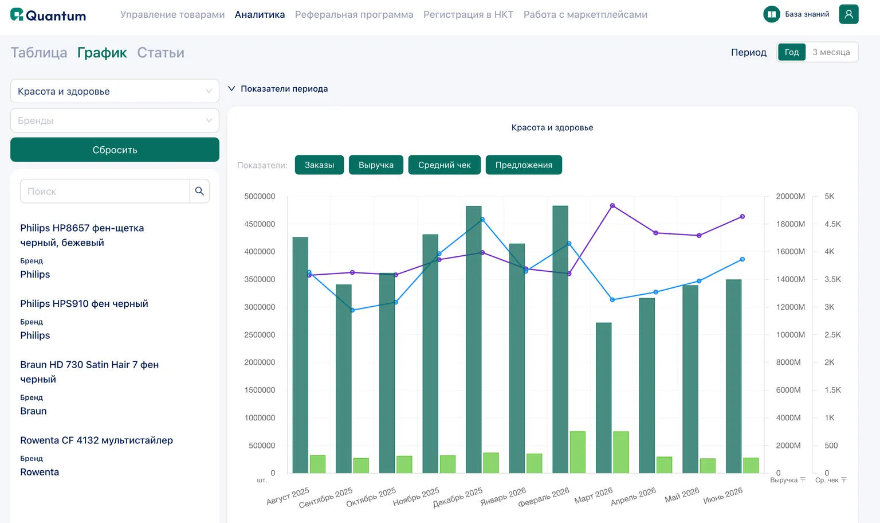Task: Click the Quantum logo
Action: pos(48,15)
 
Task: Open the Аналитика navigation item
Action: pos(260,14)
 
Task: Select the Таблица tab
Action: pos(38,52)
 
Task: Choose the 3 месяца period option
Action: pos(831,52)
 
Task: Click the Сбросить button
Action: pos(115,150)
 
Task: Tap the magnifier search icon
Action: pos(199,191)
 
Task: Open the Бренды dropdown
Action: pos(115,120)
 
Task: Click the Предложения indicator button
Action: pos(524,165)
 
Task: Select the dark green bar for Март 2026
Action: pos(603,397)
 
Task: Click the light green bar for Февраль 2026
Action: pos(577,452)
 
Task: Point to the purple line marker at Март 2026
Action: pos(612,206)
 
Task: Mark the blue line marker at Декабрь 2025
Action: pos(482,220)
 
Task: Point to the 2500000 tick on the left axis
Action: pos(260,335)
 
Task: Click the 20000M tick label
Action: pos(791,196)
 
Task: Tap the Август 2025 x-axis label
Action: pos(288,496)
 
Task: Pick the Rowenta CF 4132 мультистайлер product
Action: pos(96,440)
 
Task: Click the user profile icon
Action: pos(848,14)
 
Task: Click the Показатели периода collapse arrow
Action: pos(232,88)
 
